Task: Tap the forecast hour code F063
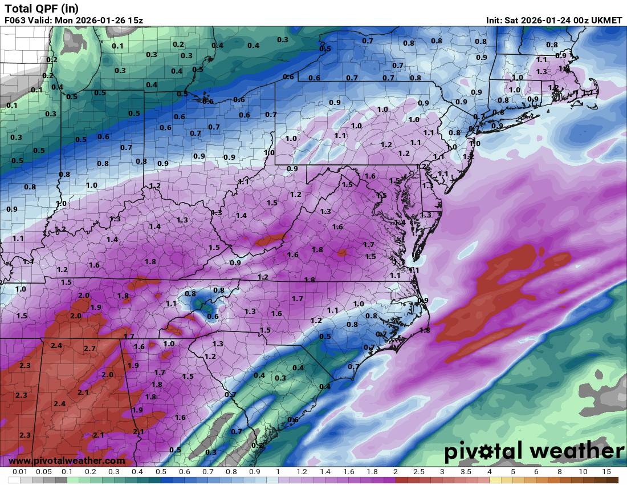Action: pyautogui.click(x=17, y=21)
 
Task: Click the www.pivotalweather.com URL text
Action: pyautogui.click(x=67, y=460)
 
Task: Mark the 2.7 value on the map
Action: pyautogui.click(x=89, y=348)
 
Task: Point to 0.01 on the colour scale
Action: pyautogui.click(x=21, y=472)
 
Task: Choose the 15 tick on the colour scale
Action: pyautogui.click(x=606, y=472)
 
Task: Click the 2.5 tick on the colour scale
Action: pyautogui.click(x=418, y=472)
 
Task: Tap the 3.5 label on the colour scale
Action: pyautogui.click(x=465, y=472)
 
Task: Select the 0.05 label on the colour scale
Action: pyautogui.click(x=44, y=472)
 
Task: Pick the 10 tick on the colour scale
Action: pyautogui.click(x=583, y=472)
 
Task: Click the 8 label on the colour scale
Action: pyautogui.click(x=559, y=472)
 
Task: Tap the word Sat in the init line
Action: pyautogui.click(x=512, y=21)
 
